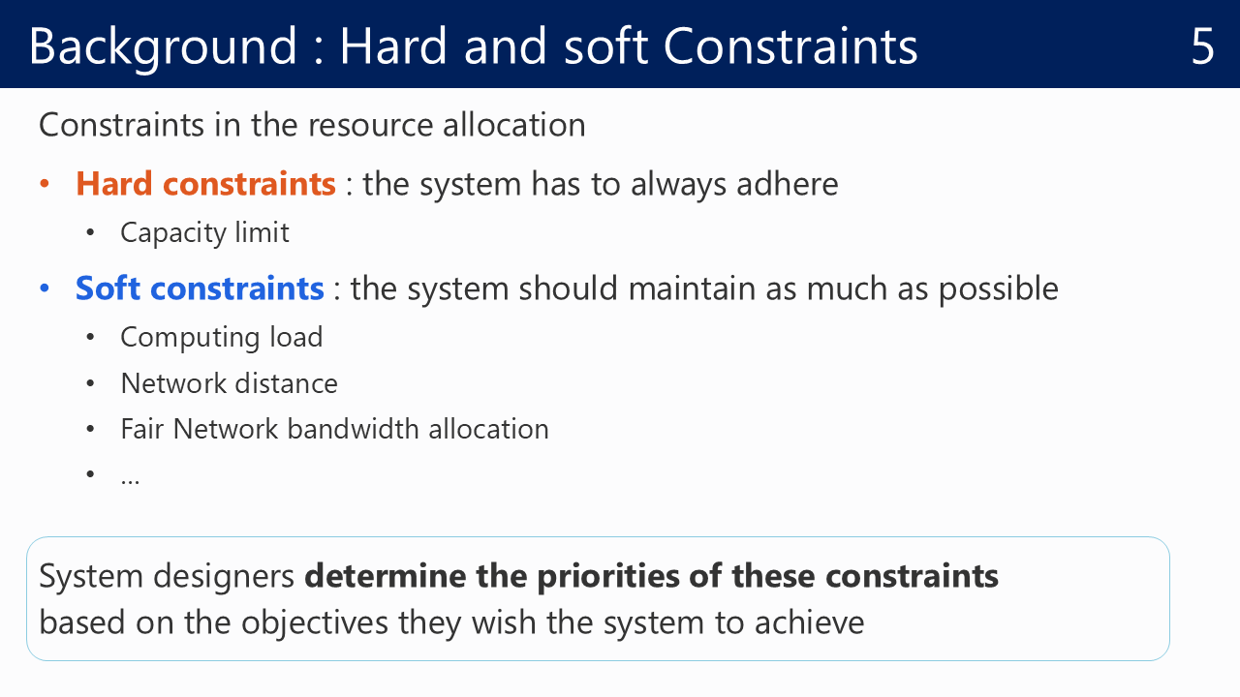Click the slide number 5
1202,45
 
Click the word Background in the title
163,48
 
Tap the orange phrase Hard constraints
205,184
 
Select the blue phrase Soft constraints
200,288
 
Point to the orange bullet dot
45,184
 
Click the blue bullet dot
45,288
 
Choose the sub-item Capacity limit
204,233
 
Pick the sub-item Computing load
222,338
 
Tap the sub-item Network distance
230,383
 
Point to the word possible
999,289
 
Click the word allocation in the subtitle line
513,125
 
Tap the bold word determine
386,576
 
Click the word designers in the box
224,577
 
